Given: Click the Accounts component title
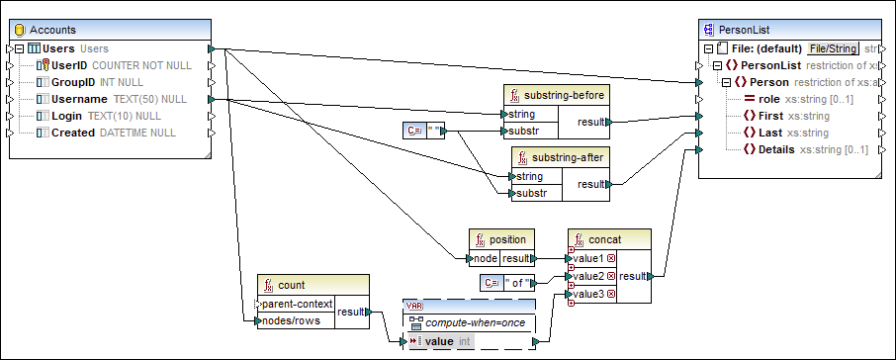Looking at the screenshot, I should pos(53,31).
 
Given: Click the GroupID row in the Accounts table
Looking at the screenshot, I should pos(72,82).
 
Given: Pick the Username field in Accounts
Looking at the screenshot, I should pos(79,99).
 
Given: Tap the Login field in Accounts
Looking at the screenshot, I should pos(68,116).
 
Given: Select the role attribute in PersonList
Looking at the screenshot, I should pos(767,99).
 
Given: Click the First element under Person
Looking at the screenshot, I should pos(769,116).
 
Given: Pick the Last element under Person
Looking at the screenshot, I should pos(769,133).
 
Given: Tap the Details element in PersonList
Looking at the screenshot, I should pos(774,149).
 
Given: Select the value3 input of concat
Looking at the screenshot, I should pos(588,294).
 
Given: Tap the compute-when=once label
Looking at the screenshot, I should pos(476,322).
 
